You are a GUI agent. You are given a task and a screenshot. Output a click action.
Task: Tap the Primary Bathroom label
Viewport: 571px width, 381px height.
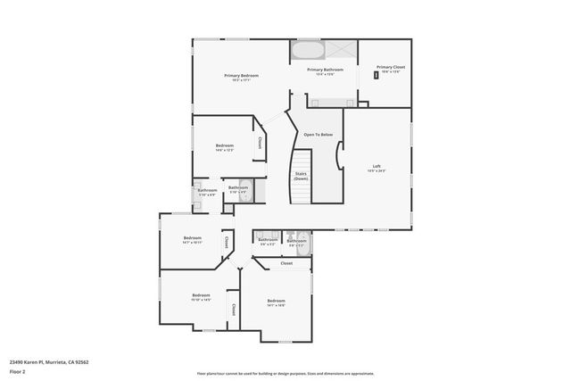point(326,69)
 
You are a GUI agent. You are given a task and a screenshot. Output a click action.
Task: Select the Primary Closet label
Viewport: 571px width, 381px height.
point(390,67)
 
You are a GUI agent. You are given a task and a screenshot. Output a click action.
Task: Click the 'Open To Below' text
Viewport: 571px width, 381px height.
point(318,134)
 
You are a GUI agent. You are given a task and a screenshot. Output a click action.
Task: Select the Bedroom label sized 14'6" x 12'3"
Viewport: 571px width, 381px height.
point(224,145)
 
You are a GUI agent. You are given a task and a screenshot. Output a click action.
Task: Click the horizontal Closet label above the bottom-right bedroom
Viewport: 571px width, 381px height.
point(286,263)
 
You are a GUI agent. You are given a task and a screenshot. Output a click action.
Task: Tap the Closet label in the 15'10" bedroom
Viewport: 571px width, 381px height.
point(233,309)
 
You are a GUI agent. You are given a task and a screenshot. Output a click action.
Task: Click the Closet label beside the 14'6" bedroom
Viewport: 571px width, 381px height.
point(260,143)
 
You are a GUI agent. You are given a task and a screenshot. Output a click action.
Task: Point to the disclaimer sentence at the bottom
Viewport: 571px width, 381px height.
point(285,374)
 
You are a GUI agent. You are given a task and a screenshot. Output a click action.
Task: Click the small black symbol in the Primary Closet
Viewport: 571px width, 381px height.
point(377,76)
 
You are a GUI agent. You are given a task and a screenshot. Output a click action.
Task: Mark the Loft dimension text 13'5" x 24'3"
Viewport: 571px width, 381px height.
point(377,171)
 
